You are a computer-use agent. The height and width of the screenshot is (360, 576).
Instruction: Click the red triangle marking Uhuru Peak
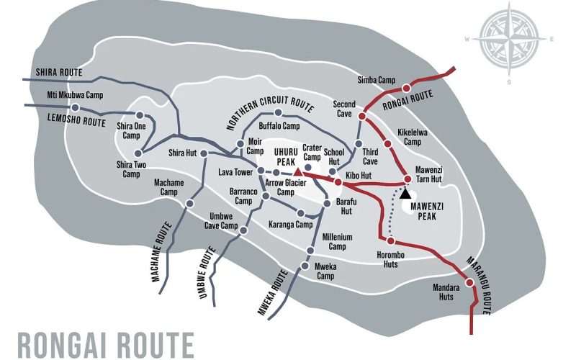click(297, 174)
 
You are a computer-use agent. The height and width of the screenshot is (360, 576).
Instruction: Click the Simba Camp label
click(376, 79)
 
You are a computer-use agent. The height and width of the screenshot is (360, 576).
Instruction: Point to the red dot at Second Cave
click(362, 115)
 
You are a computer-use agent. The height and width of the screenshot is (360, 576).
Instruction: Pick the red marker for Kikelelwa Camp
click(387, 144)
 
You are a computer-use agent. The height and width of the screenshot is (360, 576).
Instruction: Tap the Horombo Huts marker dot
click(390, 241)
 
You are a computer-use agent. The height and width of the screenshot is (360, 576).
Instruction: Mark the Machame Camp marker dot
click(189, 204)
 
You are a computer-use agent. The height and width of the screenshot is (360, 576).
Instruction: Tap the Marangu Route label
click(479, 285)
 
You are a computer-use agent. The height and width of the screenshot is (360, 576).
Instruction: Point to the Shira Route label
click(60, 73)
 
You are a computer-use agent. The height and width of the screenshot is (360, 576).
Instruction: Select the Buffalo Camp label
click(279, 126)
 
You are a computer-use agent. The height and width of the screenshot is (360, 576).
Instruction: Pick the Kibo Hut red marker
click(338, 182)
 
